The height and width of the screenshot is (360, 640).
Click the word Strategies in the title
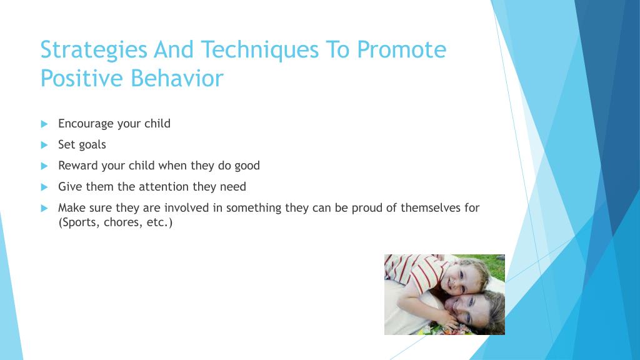click(x=94, y=51)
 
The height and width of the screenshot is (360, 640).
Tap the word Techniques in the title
click(x=259, y=51)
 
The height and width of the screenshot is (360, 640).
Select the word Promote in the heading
click(x=402, y=50)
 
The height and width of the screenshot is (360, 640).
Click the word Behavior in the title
click(x=177, y=78)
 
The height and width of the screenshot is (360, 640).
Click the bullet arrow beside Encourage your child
click(x=44, y=124)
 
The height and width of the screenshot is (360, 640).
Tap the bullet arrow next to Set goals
click(x=44, y=145)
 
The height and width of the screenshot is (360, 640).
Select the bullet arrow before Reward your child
click(x=44, y=166)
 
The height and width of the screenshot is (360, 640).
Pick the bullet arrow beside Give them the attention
click(x=44, y=187)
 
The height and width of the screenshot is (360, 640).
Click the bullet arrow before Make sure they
click(x=44, y=209)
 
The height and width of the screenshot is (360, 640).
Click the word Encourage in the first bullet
click(x=86, y=124)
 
